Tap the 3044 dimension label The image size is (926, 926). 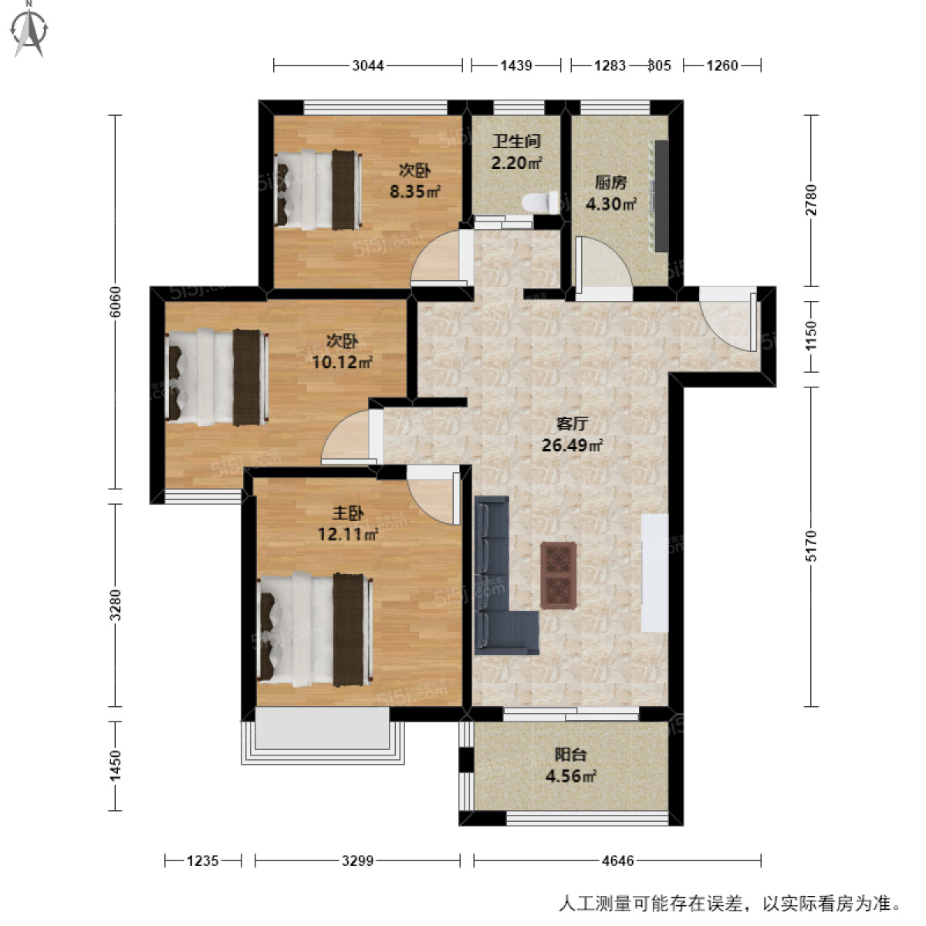pos(368,66)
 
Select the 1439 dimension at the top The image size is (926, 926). pos(516,66)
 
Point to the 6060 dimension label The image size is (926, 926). pos(117,302)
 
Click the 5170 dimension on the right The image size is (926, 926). pos(809,546)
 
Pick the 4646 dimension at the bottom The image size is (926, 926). pos(617,860)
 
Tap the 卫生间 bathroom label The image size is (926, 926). pos(516,141)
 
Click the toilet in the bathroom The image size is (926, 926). pos(540,202)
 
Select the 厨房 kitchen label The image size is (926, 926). pos(610,183)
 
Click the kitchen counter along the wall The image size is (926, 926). pos(661,195)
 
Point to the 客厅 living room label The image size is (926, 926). pos(572,424)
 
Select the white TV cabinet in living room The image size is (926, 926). pos(654,573)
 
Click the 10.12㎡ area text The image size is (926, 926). pos(341,362)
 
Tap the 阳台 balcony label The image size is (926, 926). pos(570,755)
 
